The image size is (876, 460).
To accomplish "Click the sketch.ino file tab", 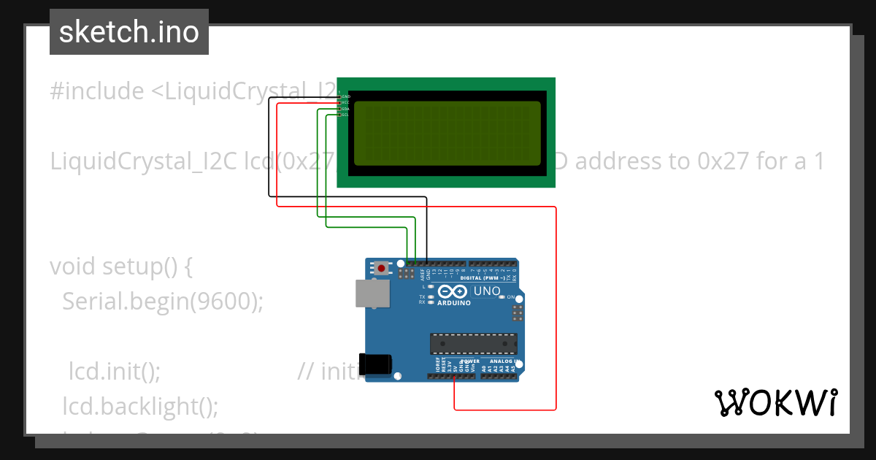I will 129,32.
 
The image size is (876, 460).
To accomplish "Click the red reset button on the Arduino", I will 382,268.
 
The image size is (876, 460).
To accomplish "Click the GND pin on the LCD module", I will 339,96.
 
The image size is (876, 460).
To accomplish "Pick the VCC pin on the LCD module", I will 339,102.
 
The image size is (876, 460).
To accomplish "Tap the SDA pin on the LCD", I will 339,109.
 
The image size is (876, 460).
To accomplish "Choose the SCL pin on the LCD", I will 339,115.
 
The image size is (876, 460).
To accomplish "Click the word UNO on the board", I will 487,291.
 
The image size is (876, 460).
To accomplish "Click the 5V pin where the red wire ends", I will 455,377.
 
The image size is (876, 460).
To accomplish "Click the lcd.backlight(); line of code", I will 140,406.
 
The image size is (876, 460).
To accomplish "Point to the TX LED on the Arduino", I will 431,296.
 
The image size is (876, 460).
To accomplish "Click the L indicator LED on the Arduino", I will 431,287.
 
